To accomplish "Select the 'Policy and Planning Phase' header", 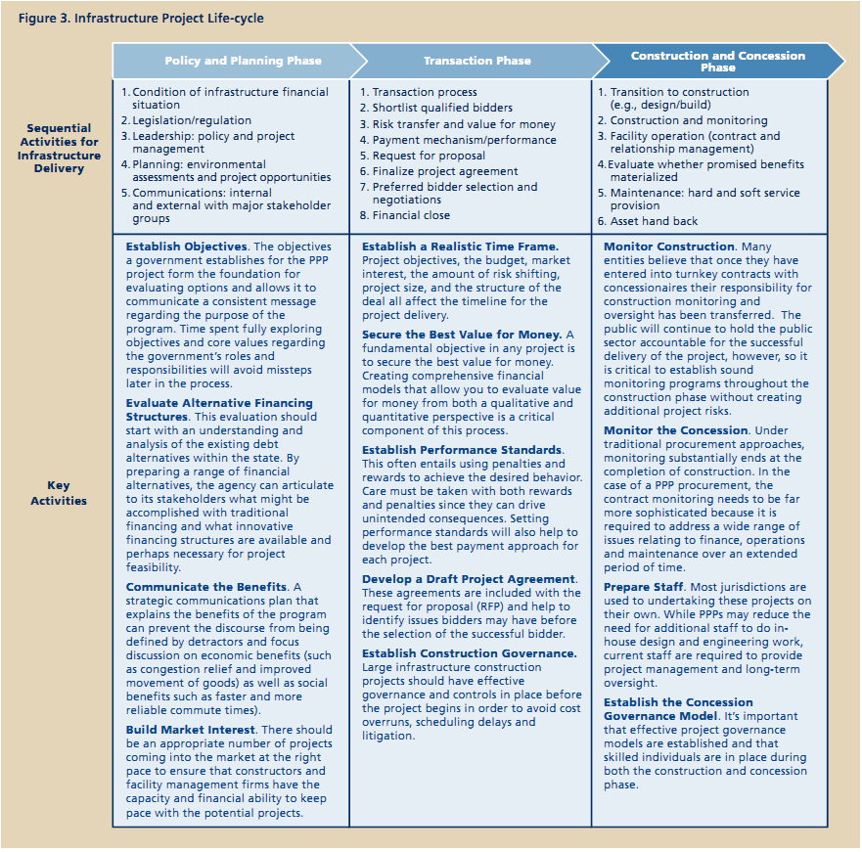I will coord(243,61).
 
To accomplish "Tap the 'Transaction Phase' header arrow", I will coord(477,61).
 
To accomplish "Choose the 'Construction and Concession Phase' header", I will coord(717,61).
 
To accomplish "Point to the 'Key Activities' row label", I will coord(59,493).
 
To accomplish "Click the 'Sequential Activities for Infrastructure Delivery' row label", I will coord(59,148).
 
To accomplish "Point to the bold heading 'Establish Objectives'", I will coord(187,247).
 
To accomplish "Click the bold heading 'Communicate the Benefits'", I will coord(205,587).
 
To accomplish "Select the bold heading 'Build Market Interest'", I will coord(190,730).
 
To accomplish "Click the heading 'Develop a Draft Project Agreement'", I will coord(468,579).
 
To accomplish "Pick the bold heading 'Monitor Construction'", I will coord(668,247).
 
